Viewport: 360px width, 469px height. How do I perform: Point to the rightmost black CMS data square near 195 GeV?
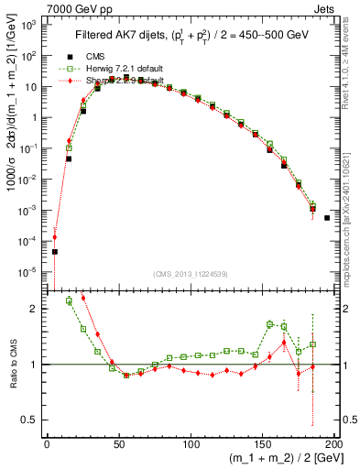327,244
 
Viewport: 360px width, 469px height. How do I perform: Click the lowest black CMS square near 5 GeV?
54,252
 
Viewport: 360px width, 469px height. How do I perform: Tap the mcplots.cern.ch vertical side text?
352,211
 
